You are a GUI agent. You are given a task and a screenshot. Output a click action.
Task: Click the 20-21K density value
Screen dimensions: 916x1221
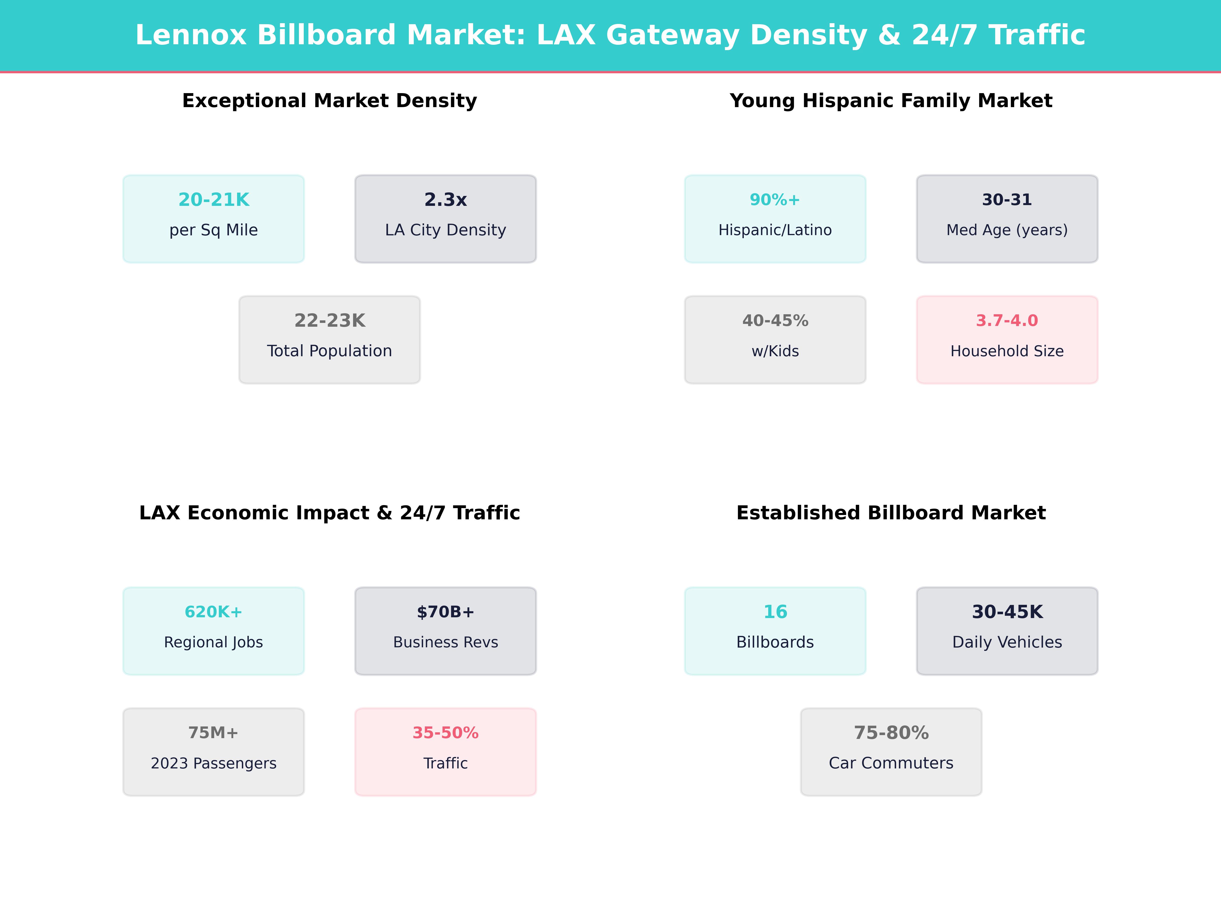[214, 200]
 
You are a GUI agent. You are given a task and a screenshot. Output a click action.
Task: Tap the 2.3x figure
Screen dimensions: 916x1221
[445, 200]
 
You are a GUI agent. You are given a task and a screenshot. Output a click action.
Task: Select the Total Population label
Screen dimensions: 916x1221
[329, 351]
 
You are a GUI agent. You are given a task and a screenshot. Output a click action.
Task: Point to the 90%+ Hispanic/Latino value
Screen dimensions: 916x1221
[775, 200]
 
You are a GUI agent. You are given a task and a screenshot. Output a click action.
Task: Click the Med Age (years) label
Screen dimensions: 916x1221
[1007, 230]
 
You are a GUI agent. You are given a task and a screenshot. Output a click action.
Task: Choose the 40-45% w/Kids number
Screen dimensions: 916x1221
[775, 321]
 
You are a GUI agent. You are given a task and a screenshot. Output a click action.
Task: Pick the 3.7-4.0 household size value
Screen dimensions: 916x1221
[1007, 321]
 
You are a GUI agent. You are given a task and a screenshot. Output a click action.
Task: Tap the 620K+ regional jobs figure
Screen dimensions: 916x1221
[214, 612]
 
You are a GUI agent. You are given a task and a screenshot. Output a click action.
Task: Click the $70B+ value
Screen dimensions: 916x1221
[445, 612]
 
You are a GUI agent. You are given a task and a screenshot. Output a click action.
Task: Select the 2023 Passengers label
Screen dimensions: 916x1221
[214, 764]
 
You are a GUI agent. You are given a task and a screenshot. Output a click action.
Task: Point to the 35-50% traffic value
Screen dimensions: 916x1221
[445, 733]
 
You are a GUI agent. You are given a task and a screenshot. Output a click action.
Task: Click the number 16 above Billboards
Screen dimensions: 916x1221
[775, 612]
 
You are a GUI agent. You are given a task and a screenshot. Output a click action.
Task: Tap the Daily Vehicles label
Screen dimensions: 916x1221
[1007, 642]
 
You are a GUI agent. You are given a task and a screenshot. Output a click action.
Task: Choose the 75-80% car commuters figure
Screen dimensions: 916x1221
[891, 733]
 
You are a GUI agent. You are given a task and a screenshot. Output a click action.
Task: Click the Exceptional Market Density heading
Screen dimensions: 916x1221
[329, 101]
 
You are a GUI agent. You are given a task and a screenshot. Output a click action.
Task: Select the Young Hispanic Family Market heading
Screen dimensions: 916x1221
[891, 101]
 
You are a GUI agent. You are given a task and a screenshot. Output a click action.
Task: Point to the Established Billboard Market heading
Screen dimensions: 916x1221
[891, 513]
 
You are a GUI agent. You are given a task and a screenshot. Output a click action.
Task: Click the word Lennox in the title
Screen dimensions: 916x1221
[191, 35]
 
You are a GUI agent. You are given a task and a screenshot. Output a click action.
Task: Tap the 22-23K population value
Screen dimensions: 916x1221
[329, 321]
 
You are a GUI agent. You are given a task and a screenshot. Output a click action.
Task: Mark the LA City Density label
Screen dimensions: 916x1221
[445, 230]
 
